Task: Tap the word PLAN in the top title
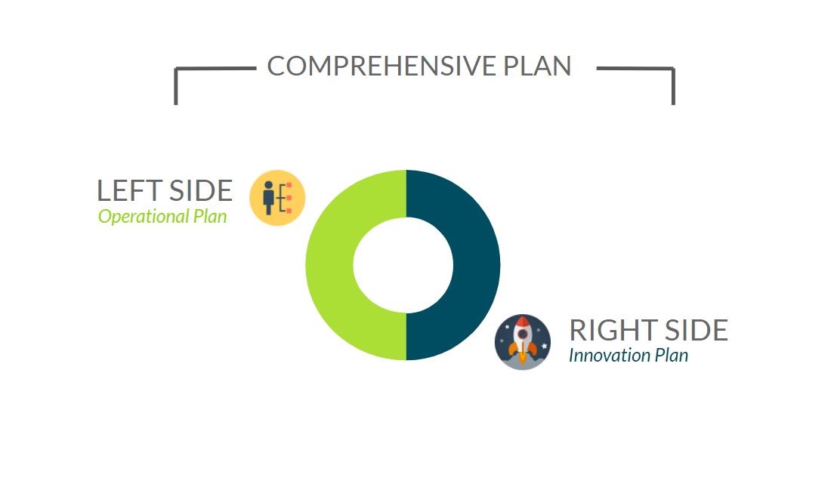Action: point(537,66)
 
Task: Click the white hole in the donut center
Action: point(403,266)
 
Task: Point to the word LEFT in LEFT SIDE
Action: point(126,191)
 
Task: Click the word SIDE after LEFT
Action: point(199,191)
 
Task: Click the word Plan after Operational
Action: point(208,217)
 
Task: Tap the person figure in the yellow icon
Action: point(269,198)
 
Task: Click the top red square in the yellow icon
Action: point(289,186)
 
